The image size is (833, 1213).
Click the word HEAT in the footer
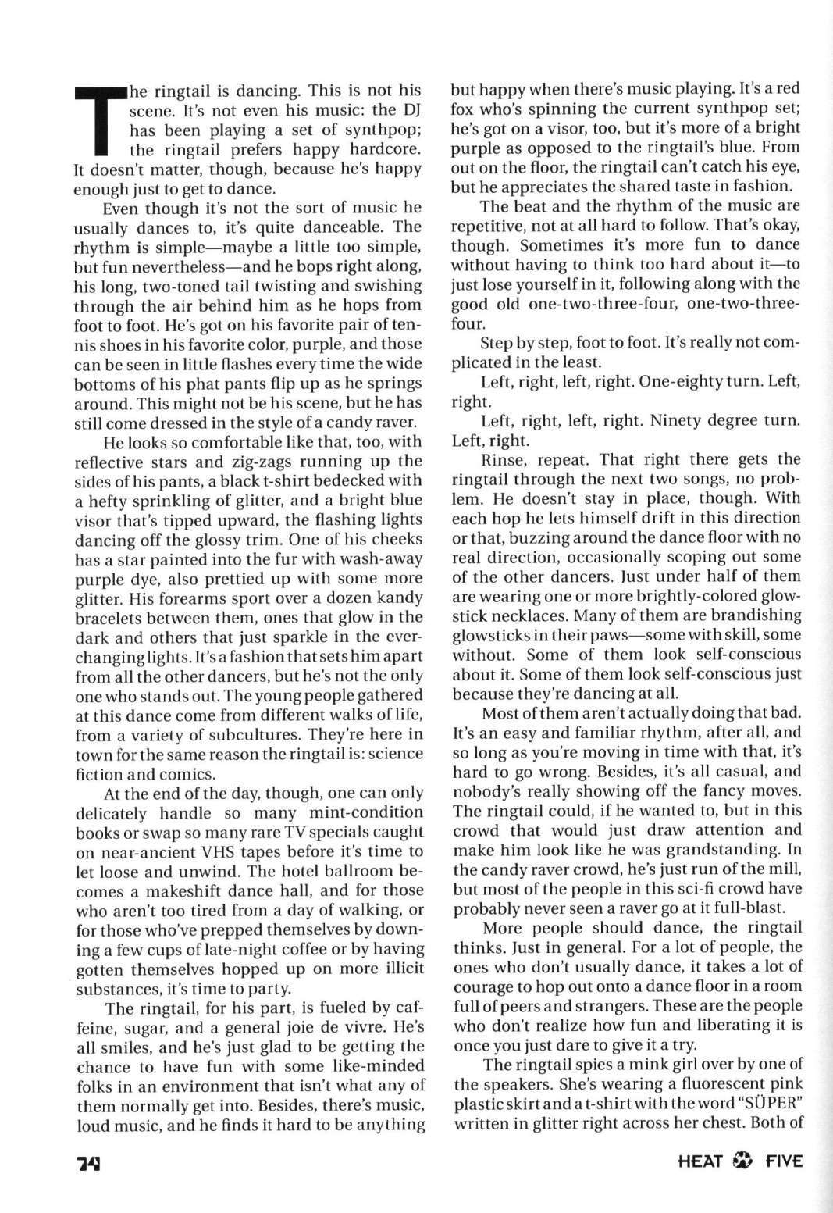coord(700,1161)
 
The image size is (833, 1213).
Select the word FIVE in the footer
coord(783,1161)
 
